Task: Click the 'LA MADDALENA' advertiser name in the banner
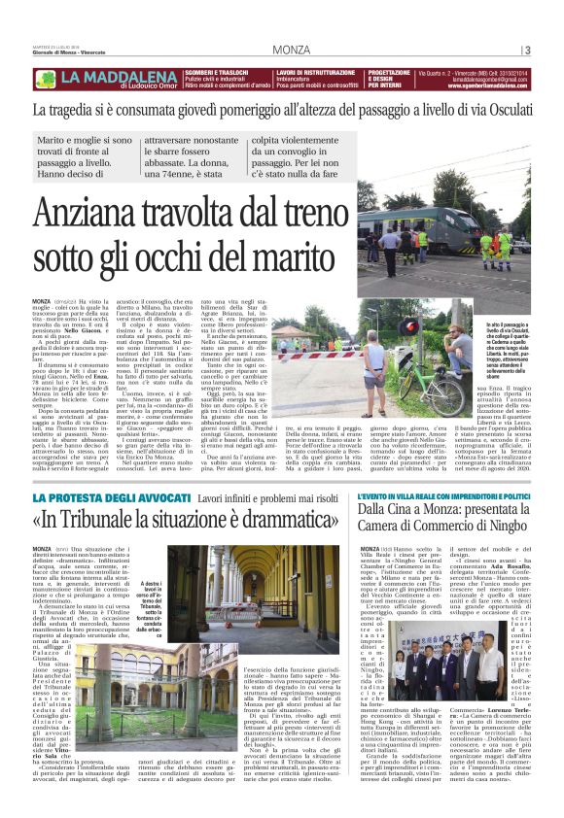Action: pyautogui.click(x=115, y=74)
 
